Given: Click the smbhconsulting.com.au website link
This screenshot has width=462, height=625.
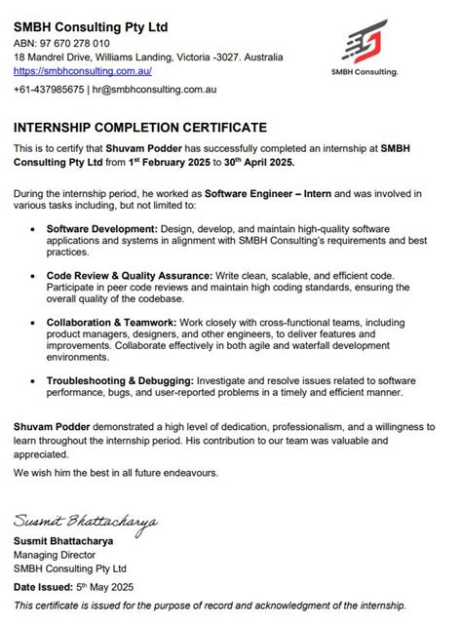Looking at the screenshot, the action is click(x=83, y=71).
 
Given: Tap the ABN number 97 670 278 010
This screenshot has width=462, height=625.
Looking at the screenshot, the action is click(x=75, y=44).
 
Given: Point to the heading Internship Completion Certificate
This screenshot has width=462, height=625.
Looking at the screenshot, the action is click(x=139, y=127).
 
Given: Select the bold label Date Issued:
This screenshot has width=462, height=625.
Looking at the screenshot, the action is click(x=43, y=587).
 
